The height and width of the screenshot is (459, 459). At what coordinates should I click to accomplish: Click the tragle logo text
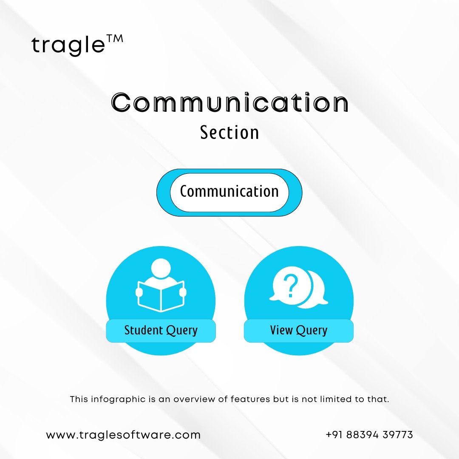[68, 45]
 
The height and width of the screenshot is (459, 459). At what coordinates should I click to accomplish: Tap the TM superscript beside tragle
[115, 39]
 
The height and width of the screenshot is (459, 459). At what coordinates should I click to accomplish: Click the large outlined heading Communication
[229, 102]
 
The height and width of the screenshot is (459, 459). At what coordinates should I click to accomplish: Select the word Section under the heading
[229, 133]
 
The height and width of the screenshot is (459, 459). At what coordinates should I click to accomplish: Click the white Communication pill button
[229, 193]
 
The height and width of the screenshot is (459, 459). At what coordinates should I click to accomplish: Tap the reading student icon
[161, 284]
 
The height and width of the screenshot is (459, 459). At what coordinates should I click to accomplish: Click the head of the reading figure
[161, 268]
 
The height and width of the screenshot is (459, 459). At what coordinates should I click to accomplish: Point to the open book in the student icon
[161, 296]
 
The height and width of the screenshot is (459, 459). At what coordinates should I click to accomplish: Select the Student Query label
[161, 331]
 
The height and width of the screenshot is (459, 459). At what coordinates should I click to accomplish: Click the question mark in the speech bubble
[291, 286]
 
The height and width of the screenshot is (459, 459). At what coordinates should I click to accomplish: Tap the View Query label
[299, 331]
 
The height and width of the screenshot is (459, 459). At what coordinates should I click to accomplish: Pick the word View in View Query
[281, 330]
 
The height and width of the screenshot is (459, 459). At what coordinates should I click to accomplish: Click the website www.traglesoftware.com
[123, 435]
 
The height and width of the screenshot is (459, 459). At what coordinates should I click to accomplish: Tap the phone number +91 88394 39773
[369, 435]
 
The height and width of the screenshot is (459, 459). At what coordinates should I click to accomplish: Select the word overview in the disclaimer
[194, 399]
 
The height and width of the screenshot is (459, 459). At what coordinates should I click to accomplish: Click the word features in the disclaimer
[250, 399]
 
